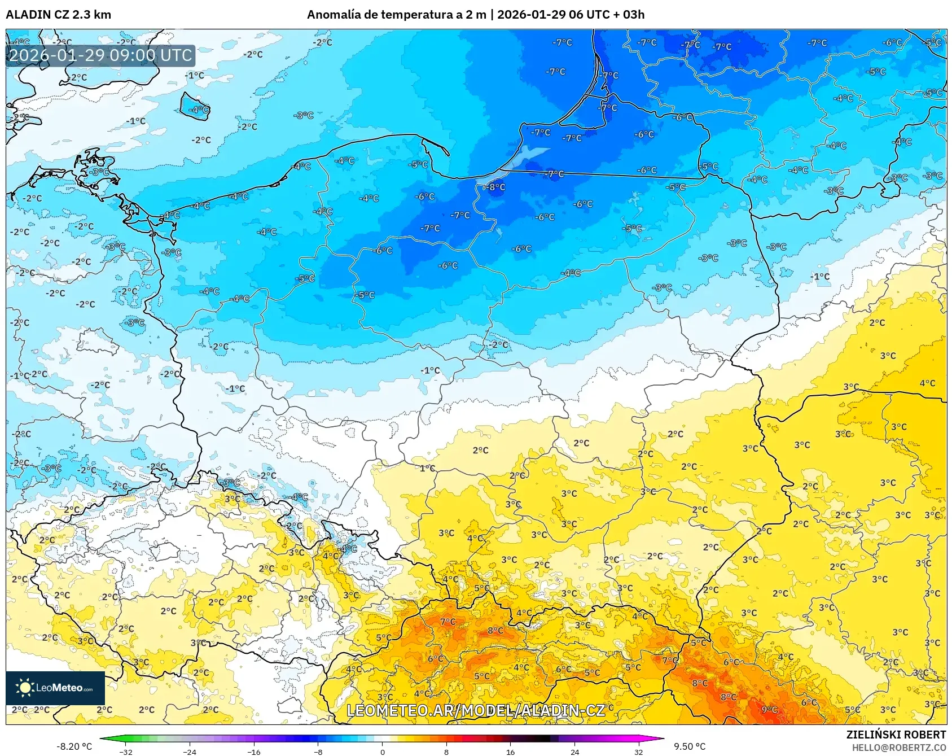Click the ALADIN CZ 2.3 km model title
coord(58,15)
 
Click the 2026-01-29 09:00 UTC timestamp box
coord(100,55)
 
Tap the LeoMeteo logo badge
coord(55,688)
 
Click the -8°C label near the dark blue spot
coord(497,187)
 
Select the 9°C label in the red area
coord(770,710)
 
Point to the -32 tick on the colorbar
coord(126,751)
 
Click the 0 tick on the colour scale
coord(382,751)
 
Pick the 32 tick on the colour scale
coord(638,751)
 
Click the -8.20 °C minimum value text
coord(74,746)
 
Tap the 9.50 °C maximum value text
coord(690,746)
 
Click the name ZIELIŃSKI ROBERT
coord(896,735)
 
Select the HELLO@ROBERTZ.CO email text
coord(898,748)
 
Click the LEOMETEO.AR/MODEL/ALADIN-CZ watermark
coord(475,710)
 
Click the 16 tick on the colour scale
coord(510,751)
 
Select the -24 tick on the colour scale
coord(190,751)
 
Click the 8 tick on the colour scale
coord(446,751)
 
